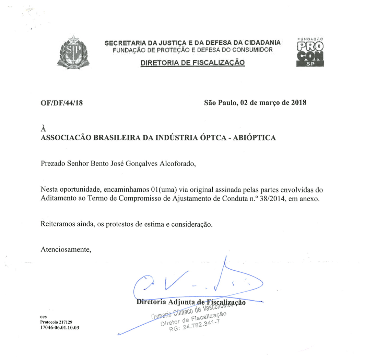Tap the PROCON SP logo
coord(309,52)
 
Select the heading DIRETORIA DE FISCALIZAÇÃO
coord(192,63)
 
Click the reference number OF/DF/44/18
coord(62,103)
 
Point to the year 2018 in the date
coord(298,103)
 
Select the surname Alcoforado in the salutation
coord(178,164)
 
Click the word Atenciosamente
coord(66,249)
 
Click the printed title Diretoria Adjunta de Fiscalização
coord(191,302)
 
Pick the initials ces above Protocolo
coord(44,317)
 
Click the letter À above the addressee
coord(43,129)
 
